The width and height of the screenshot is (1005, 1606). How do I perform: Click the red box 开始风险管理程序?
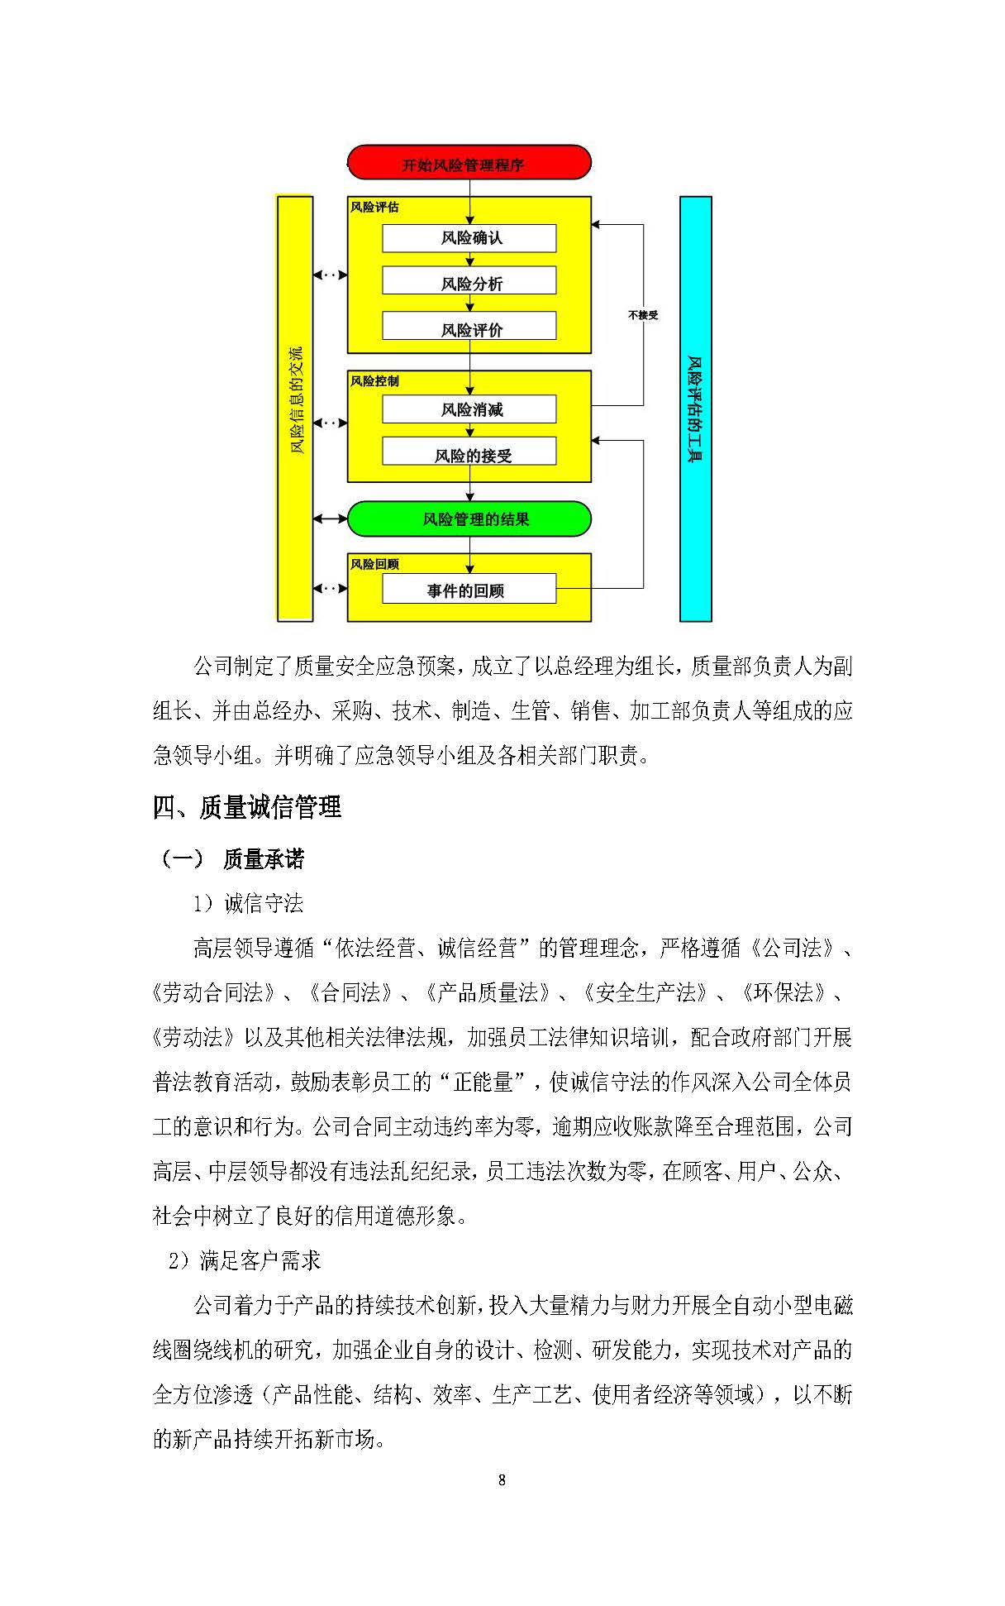pyautogui.click(x=469, y=163)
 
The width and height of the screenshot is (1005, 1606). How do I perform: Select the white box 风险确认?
pyautogui.click(x=469, y=238)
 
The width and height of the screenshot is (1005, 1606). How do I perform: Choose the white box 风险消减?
pyautogui.click(x=469, y=409)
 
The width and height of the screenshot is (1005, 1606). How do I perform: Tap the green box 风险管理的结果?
pyautogui.click(x=469, y=519)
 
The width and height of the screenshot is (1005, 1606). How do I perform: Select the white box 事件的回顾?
pyautogui.click(x=469, y=590)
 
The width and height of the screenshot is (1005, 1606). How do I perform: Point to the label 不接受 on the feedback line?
pyautogui.click(x=642, y=315)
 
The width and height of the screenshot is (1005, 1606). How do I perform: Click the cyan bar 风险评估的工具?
pyautogui.click(x=695, y=409)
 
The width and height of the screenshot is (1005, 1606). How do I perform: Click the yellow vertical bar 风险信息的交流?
pyautogui.click(x=294, y=409)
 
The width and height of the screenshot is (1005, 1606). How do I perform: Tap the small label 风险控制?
pyautogui.click(x=374, y=381)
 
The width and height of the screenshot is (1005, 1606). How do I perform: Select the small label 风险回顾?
pyautogui.click(x=374, y=564)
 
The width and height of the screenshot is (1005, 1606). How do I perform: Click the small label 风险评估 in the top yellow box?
pyautogui.click(x=374, y=207)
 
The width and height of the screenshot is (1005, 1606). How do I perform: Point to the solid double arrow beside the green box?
pyautogui.click(x=330, y=519)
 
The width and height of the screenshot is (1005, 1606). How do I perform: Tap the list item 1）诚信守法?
pyautogui.click(x=248, y=903)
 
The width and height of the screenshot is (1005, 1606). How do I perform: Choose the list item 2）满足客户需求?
pyautogui.click(x=244, y=1260)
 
